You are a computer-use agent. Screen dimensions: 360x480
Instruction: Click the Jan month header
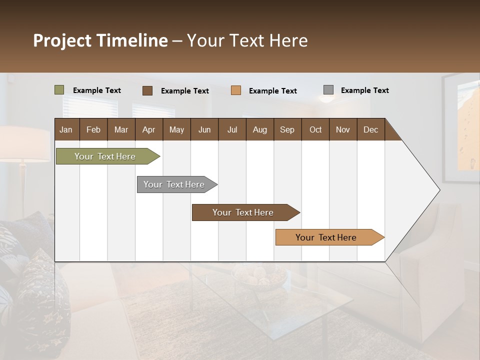tap(66, 129)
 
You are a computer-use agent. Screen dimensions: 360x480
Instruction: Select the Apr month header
tap(149, 129)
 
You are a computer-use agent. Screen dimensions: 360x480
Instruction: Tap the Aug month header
tap(260, 129)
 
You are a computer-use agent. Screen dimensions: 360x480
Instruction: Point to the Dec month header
tap(370, 129)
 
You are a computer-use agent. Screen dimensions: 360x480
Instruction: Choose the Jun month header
tap(204, 129)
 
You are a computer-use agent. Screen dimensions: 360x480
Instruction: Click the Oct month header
tap(315, 129)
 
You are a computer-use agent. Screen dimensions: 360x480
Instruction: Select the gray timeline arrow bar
tap(175, 184)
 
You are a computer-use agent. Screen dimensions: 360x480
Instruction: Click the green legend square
tap(59, 90)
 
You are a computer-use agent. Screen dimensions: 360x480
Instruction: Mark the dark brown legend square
tap(147, 90)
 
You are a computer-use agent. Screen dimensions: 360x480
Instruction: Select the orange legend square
tap(236, 90)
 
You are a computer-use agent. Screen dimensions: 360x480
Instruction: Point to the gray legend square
tap(328, 90)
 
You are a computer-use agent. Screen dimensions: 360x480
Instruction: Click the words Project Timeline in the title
tap(100, 40)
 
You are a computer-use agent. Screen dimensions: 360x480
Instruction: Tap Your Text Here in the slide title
tap(247, 40)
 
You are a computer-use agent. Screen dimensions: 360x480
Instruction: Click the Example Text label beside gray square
tap(364, 90)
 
